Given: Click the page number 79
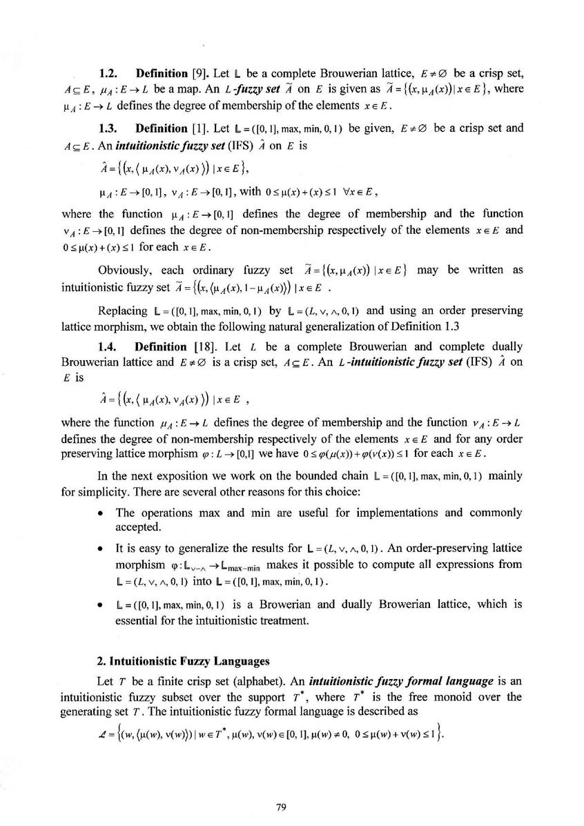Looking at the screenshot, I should pyautogui.click(x=280, y=807).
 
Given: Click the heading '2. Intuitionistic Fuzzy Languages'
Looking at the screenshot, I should pyautogui.click(x=180, y=660).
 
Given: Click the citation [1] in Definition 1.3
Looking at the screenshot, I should pyautogui.click(x=199, y=128).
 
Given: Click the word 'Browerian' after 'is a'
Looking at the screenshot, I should pyautogui.click(x=292, y=604).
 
